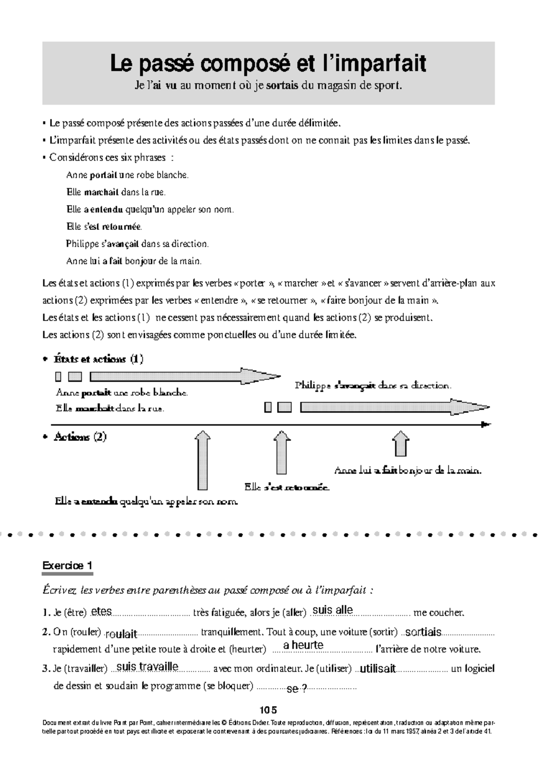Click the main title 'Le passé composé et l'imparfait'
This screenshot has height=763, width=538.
(x=268, y=64)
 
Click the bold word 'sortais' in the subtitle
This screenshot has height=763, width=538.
(x=282, y=86)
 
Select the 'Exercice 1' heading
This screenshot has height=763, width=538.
(x=67, y=565)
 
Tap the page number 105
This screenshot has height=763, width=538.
(x=268, y=710)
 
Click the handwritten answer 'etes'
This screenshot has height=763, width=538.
(x=101, y=612)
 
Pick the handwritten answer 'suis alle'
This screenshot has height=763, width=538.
(x=333, y=610)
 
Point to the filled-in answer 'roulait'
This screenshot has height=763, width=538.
(x=121, y=634)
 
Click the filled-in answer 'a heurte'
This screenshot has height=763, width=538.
(x=303, y=645)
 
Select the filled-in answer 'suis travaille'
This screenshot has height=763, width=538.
(x=147, y=667)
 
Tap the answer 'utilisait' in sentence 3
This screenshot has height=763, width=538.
(x=377, y=669)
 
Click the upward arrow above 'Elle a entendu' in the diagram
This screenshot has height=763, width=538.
(x=203, y=460)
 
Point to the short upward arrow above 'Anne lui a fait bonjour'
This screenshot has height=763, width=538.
(x=400, y=444)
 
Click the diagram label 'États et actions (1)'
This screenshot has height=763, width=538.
(x=99, y=359)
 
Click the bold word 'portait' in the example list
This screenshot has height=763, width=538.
(x=103, y=175)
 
